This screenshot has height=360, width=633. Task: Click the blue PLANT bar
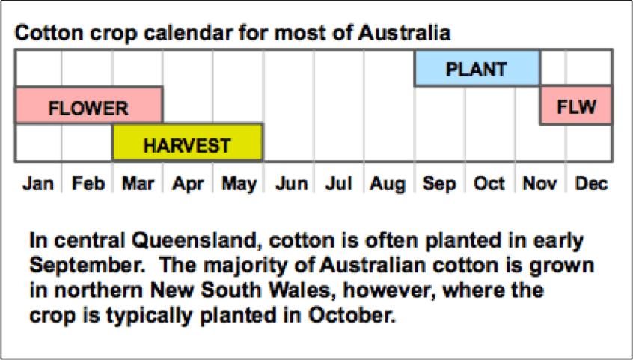[477, 68]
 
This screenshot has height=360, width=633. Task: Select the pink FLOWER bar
[89, 105]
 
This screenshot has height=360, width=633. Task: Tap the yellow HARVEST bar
[188, 143]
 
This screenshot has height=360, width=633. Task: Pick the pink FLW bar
[576, 105]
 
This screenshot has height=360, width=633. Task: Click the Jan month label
[38, 184]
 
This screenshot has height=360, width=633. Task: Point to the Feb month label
[88, 184]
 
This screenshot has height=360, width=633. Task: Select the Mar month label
[138, 184]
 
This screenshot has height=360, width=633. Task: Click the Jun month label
[292, 184]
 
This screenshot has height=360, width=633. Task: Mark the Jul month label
[338, 184]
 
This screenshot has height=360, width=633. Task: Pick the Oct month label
[489, 184]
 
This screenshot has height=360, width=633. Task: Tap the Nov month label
[539, 184]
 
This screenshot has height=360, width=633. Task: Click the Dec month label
[591, 184]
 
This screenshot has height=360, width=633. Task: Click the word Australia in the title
[404, 33]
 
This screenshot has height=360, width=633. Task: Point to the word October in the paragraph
[352, 316]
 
